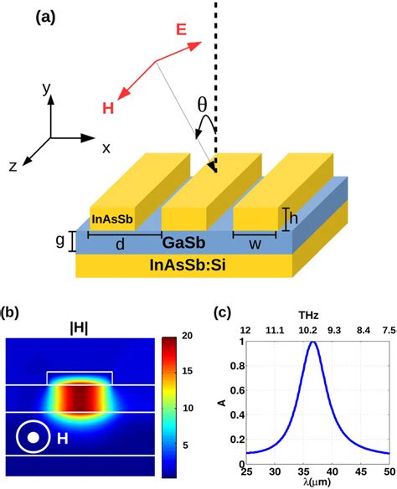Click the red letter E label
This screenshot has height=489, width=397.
[x=181, y=29]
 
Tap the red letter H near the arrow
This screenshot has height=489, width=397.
[x=108, y=108]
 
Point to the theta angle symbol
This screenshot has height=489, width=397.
[x=202, y=104]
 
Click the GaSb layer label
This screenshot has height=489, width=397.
[x=183, y=242]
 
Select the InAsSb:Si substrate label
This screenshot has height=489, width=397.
[x=188, y=265]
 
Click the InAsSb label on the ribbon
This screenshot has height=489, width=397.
[x=112, y=219]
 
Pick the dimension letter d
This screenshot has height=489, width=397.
[x=120, y=244]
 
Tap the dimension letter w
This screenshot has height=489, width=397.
[x=255, y=244]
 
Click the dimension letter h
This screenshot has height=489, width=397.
[x=293, y=219]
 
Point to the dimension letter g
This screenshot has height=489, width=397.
[x=60, y=240]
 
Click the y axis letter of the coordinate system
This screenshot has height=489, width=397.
[x=46, y=88]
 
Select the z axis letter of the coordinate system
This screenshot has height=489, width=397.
[x=13, y=167]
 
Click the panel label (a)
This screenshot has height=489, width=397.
[x=45, y=17]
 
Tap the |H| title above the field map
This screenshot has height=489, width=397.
[x=80, y=329]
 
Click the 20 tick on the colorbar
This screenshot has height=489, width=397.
[x=187, y=336]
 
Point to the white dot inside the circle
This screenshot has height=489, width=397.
[x=33, y=438]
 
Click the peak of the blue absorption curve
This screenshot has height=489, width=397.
[x=313, y=342]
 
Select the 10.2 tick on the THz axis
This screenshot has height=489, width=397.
[x=307, y=330]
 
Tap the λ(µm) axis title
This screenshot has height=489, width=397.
[x=317, y=482]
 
